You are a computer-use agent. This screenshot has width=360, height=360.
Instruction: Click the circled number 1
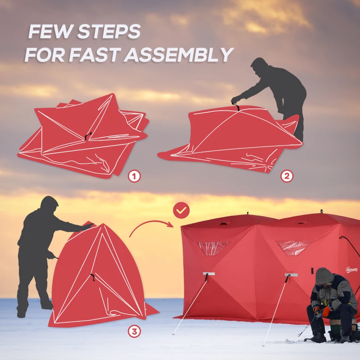coord(134,175)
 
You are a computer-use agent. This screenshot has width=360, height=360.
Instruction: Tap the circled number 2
coord(287,175)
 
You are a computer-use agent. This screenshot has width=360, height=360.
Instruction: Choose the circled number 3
coord(134,332)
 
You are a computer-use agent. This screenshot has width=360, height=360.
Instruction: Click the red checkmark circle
coord(182,210)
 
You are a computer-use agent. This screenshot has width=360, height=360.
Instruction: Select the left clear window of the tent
coord(213,247)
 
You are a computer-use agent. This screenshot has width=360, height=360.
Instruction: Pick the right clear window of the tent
coord(294,247)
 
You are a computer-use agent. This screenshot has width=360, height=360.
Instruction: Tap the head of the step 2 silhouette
coord(259,65)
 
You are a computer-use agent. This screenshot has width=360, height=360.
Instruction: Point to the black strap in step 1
coord(88,135)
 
